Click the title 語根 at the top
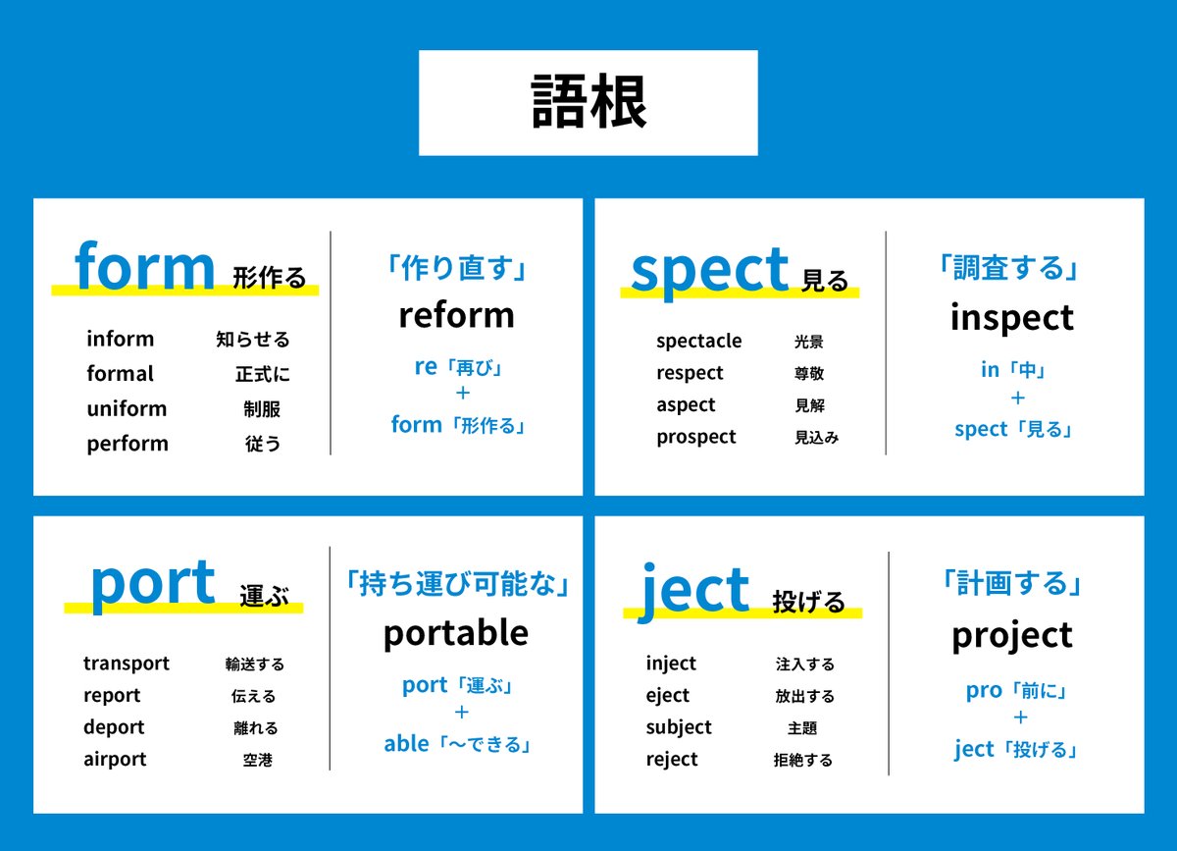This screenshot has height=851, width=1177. pos(588,103)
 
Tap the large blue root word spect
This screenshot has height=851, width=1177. pos(709,270)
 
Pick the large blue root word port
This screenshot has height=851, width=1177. pos(152,584)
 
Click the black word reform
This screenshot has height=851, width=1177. pos(456,315)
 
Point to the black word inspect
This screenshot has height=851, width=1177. pos(1011,318)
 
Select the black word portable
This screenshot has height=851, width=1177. pos(455,633)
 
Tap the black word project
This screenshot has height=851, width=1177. pos(1011,636)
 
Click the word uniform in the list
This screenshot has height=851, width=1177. pos(127,408)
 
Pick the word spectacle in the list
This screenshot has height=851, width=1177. pos(698,342)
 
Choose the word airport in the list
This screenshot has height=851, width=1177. pos(115,759)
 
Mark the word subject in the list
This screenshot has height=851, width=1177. pos(679,727)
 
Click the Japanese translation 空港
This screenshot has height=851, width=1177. pos(258,760)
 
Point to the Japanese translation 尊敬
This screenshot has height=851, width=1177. pos(809,374)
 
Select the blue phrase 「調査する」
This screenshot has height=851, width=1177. pos(1011,268)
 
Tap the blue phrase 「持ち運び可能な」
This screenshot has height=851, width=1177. pos(456,585)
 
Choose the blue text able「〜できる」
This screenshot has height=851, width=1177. pos(458,744)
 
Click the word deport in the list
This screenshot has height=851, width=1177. pos(114,727)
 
